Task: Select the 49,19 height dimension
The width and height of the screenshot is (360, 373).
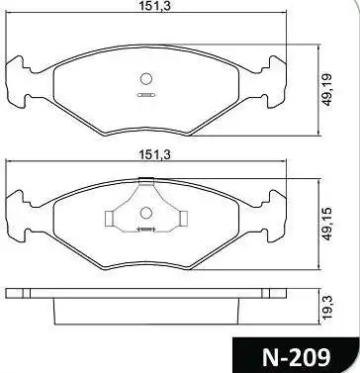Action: [x=327, y=90]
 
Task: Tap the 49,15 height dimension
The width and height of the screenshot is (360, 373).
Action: [x=327, y=224]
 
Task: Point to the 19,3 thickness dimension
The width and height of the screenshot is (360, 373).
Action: [x=328, y=308]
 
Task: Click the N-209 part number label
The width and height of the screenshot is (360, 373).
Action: [x=296, y=357]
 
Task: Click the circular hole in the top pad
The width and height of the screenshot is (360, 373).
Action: [x=145, y=78]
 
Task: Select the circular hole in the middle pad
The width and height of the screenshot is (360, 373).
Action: [x=145, y=213]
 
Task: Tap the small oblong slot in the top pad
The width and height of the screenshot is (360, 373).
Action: [x=146, y=95]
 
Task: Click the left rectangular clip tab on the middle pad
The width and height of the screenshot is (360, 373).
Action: [x=109, y=219]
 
